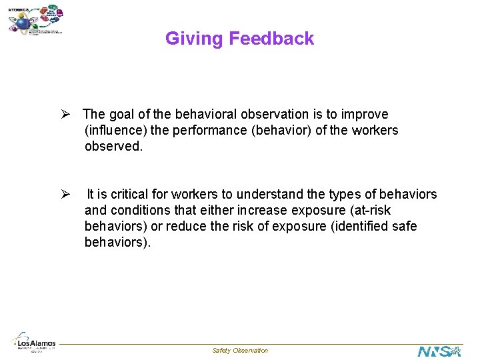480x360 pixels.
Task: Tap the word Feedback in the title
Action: (x=271, y=39)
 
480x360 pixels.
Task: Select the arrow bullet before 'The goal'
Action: (x=66, y=114)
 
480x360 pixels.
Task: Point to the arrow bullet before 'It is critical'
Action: (x=66, y=194)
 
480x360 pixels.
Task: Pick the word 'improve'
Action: (x=365, y=115)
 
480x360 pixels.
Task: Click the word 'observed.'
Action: (x=113, y=147)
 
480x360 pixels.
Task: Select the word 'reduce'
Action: (x=185, y=227)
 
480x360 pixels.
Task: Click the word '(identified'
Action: (x=359, y=227)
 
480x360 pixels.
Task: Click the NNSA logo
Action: (x=439, y=351)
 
